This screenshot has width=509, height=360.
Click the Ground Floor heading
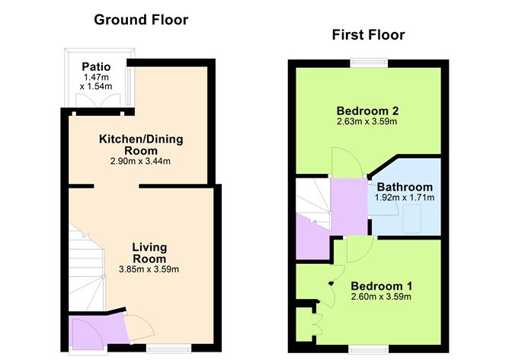tap(141, 20)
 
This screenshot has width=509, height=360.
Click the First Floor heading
tap(369, 35)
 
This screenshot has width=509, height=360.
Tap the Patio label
tap(96, 66)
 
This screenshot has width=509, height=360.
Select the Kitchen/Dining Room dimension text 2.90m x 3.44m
tap(140, 161)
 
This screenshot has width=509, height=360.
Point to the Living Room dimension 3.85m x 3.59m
tap(149, 269)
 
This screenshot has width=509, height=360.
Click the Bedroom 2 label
tap(367, 111)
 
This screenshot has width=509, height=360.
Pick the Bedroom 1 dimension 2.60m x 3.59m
tap(381, 297)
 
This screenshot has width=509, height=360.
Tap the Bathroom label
tap(405, 187)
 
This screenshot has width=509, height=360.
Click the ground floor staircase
tap(86, 267)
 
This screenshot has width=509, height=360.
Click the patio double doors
tap(98, 100)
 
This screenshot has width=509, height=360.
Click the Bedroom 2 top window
tap(369, 63)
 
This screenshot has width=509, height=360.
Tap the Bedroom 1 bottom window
tap(369, 349)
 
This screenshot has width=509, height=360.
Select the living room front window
tap(169, 349)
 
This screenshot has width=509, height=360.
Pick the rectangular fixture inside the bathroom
tap(412, 218)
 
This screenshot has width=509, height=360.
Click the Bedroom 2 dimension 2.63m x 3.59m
tap(367, 122)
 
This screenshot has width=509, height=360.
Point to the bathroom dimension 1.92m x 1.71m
tap(405, 198)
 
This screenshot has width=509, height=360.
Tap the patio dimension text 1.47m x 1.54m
tap(96, 82)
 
